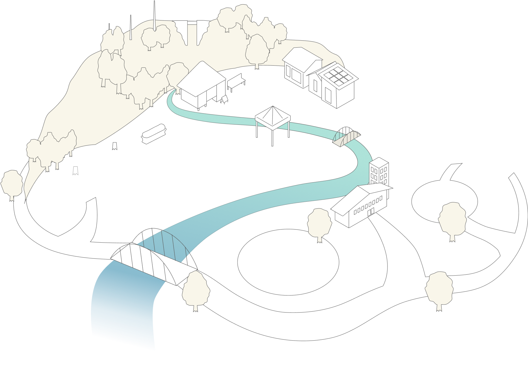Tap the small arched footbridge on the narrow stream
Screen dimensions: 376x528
346,137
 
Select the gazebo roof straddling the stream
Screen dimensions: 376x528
273,115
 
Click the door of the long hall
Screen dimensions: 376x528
371,211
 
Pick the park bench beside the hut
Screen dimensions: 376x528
236,81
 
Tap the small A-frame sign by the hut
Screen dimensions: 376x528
224,99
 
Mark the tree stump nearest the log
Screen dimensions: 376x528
115,146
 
